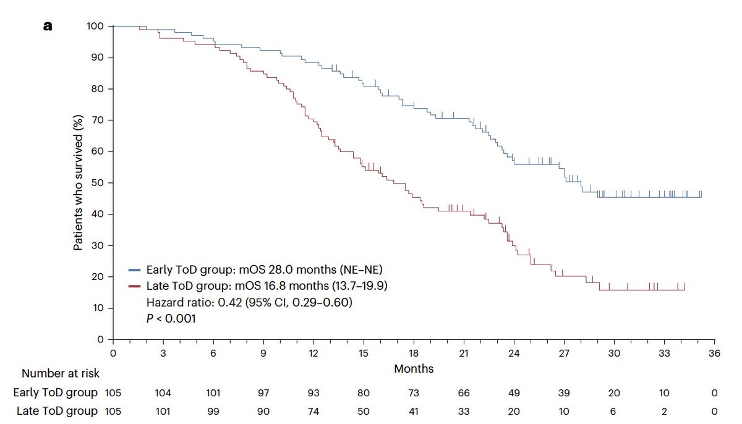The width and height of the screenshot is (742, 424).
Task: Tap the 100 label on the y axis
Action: (x=95, y=27)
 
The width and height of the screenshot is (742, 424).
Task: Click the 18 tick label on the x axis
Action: (x=414, y=353)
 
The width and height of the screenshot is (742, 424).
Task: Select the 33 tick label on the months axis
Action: (x=664, y=353)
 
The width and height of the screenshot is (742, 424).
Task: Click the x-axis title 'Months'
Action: (x=414, y=369)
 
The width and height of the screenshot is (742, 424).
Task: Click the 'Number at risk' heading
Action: (x=61, y=373)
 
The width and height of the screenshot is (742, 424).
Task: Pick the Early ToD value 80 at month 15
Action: (x=364, y=393)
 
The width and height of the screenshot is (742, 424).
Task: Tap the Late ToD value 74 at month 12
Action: (x=313, y=412)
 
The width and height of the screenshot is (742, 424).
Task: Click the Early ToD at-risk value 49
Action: (x=514, y=393)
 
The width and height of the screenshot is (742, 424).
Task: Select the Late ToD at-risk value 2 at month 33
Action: (x=664, y=412)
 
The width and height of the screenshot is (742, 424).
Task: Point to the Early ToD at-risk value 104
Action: (x=163, y=393)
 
